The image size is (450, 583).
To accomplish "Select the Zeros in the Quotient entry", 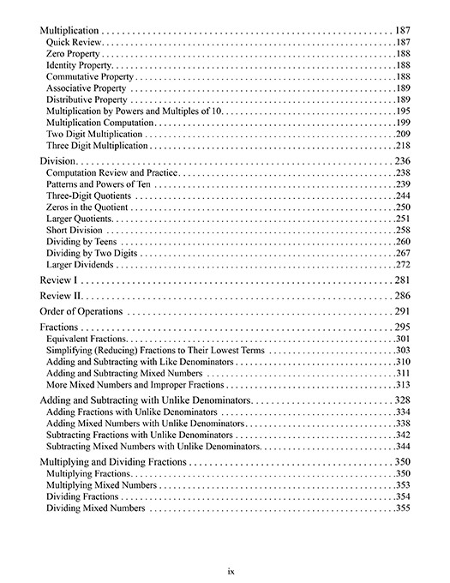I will (x=87, y=207).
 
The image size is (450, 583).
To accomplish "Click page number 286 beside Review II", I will (x=404, y=295).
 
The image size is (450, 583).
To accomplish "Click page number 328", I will (x=404, y=400).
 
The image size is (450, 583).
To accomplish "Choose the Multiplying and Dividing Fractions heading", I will (x=113, y=461).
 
